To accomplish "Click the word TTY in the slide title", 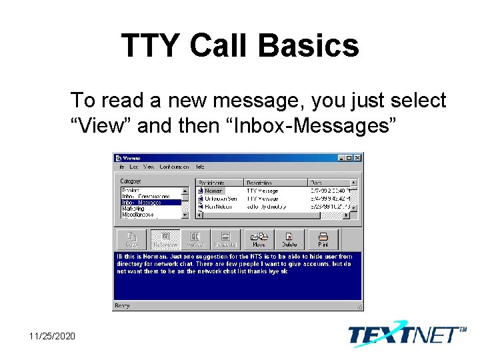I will (x=151, y=46).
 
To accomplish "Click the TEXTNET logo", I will (x=407, y=333).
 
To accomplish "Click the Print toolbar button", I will (x=323, y=239).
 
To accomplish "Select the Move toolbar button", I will (x=259, y=239).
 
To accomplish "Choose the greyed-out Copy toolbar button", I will (x=132, y=239).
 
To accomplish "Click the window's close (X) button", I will (x=357, y=158).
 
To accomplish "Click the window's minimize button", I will (x=341, y=158).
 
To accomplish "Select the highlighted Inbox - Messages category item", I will (x=141, y=202).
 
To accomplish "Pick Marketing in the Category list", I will (x=133, y=208).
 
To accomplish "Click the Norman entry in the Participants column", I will (x=213, y=191).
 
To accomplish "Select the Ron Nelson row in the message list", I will (x=220, y=207).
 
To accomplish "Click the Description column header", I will (x=259, y=182).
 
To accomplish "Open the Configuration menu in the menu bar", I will (x=173, y=167).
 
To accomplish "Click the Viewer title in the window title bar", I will (x=132, y=158).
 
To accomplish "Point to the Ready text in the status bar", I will (x=123, y=305).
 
